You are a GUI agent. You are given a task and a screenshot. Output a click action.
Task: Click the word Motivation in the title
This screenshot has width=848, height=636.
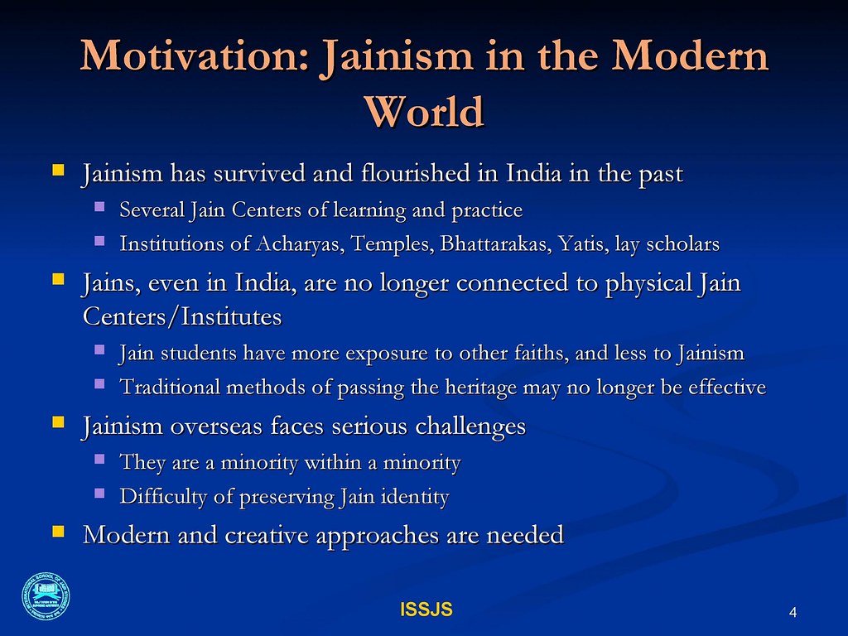coord(195,56)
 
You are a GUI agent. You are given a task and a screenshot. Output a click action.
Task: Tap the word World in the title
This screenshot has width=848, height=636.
coord(424,112)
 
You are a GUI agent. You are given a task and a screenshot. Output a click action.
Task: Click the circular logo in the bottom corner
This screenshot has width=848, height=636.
coord(46,596)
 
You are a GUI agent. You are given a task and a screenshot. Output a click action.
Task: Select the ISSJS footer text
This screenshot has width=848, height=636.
coord(426,609)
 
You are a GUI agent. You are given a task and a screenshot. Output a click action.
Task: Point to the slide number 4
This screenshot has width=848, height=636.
coord(793,612)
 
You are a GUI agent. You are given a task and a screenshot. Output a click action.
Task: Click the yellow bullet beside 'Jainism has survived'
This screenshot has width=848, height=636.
coord(58,171)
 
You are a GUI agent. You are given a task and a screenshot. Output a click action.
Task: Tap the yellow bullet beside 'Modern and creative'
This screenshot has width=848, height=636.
coord(58,532)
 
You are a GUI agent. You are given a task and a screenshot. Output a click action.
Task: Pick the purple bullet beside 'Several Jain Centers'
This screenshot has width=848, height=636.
coord(99,206)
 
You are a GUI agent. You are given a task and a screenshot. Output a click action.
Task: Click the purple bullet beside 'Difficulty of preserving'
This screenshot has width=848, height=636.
coord(99,494)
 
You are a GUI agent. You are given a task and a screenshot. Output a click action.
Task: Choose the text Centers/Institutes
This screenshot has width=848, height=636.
coord(182,317)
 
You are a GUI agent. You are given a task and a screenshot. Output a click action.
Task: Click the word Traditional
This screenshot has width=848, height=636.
coord(171,388)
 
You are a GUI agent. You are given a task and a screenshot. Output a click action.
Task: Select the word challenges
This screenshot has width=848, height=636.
coord(470,426)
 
